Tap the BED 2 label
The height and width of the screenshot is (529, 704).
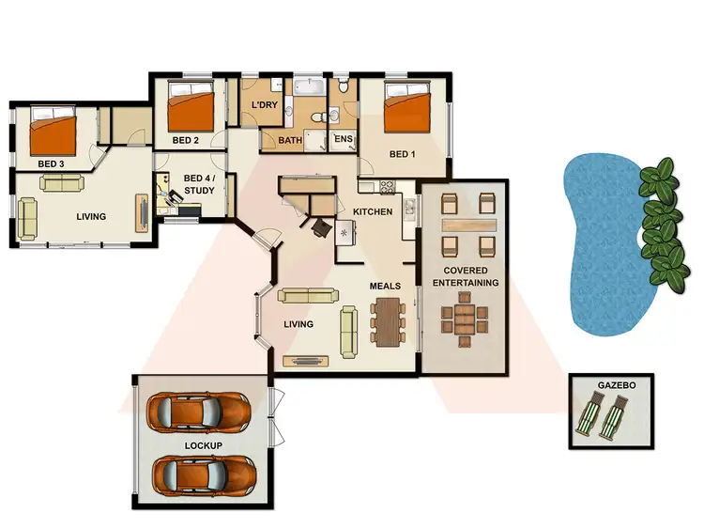click(x=186, y=141)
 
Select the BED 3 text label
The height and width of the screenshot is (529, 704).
click(x=50, y=163)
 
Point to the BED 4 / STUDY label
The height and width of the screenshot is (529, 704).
click(x=199, y=184)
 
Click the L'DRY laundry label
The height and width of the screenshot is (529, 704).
click(x=264, y=105)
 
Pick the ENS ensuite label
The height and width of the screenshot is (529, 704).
click(x=343, y=139)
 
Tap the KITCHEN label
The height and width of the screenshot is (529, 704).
click(x=373, y=212)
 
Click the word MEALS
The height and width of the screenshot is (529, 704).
click(x=386, y=286)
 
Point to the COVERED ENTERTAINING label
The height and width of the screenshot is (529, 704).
click(x=466, y=277)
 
